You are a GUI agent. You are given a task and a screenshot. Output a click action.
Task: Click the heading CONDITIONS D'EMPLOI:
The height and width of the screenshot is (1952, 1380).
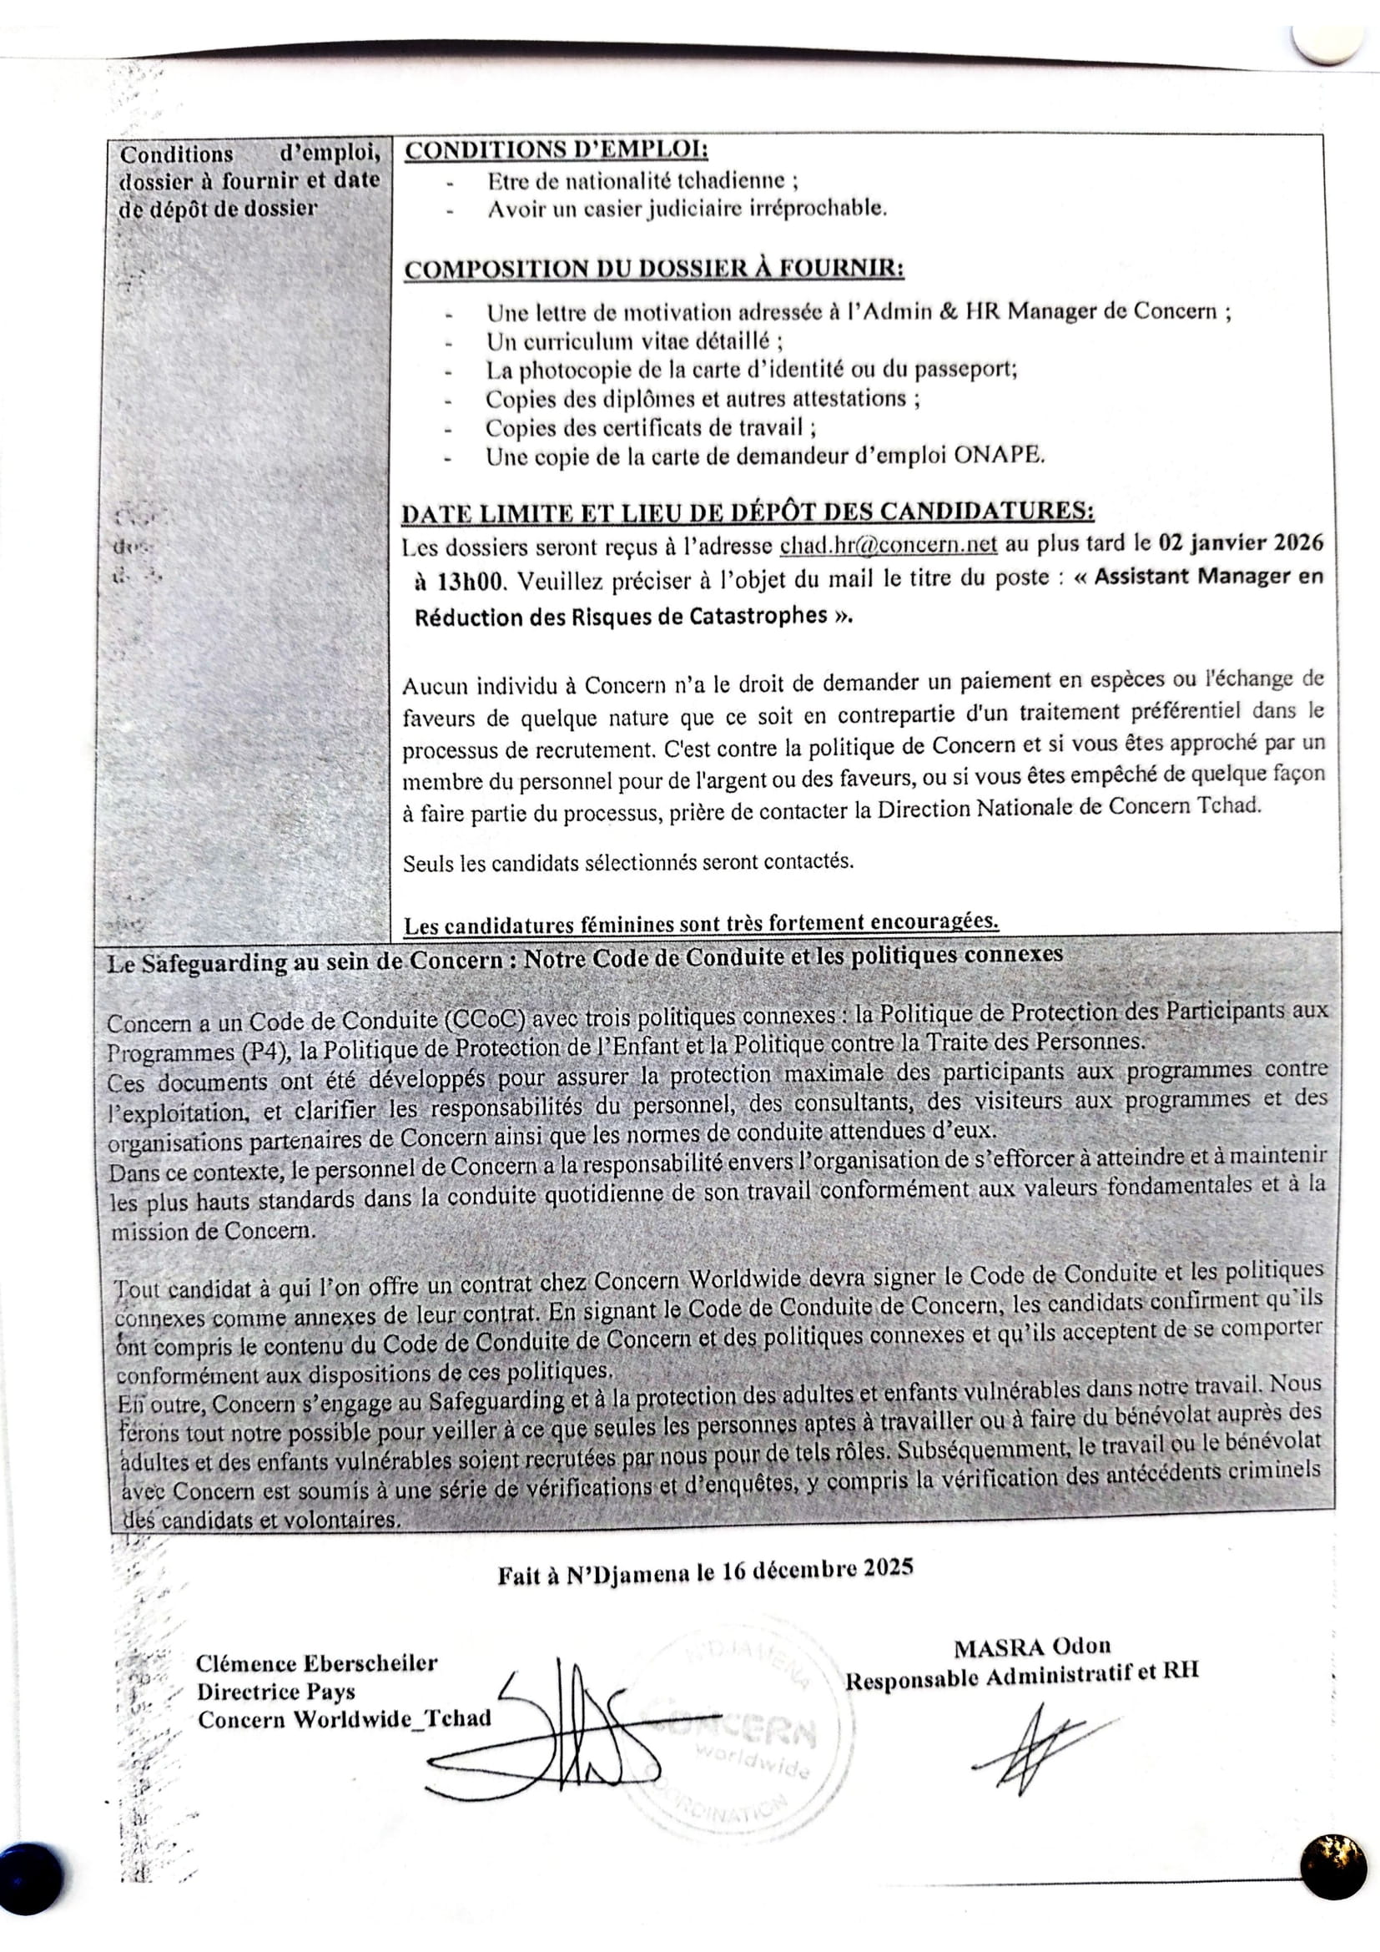point(557,150)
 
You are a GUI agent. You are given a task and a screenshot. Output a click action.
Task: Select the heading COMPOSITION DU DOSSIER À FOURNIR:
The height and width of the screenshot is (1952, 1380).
point(652,270)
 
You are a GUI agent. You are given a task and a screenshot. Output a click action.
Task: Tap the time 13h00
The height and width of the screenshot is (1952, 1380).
point(461,583)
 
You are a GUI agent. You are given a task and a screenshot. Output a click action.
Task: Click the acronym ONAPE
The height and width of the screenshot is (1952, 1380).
point(999,456)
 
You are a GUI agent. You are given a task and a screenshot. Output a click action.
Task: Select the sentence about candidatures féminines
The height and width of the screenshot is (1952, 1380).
point(701,922)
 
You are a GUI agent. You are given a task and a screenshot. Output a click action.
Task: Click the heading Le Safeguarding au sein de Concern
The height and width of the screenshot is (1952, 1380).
point(586,958)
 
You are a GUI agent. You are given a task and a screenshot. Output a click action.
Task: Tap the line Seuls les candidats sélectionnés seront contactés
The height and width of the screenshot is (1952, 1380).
point(628,863)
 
